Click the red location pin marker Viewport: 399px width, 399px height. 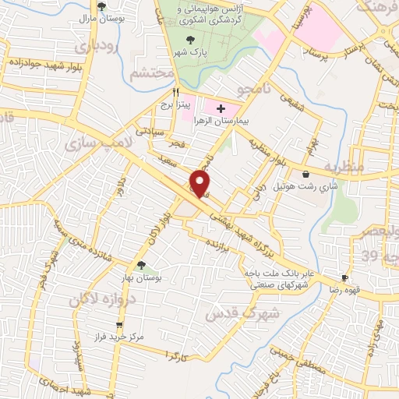(x=200, y=182)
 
